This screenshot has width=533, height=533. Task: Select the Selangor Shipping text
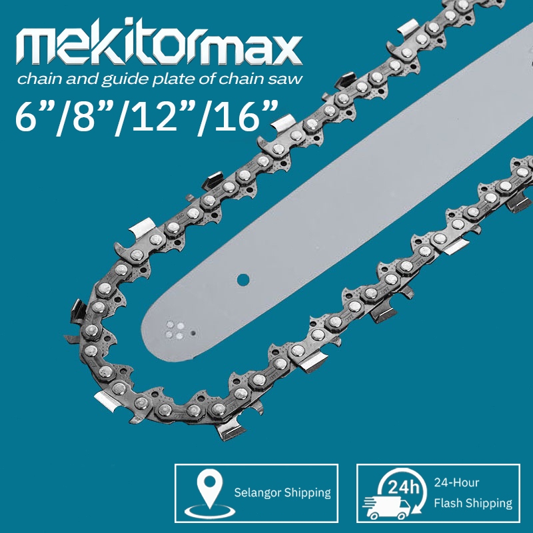pyautogui.click(x=282, y=492)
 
